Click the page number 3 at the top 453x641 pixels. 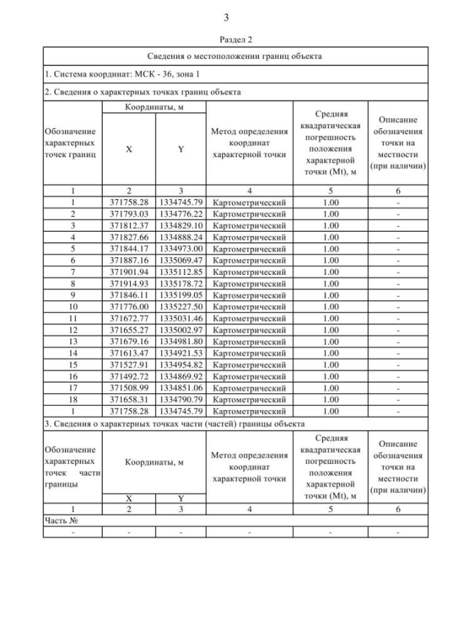tap(226, 17)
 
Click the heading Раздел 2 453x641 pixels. tap(226, 41)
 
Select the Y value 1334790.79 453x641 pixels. tap(180, 399)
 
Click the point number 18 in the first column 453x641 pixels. tap(73, 399)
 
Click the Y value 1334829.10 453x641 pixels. tap(180, 225)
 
